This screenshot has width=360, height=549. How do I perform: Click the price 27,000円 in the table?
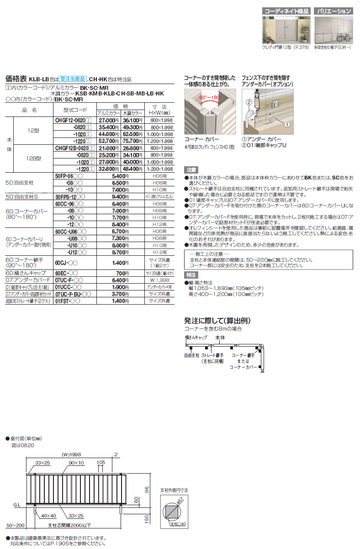click(108, 120)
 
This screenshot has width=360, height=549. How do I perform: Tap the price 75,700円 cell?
click(132, 141)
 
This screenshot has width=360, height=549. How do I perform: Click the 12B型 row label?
click(34, 158)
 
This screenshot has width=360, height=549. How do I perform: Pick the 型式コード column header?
click(71, 110)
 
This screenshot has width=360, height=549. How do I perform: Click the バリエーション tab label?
click(335, 11)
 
